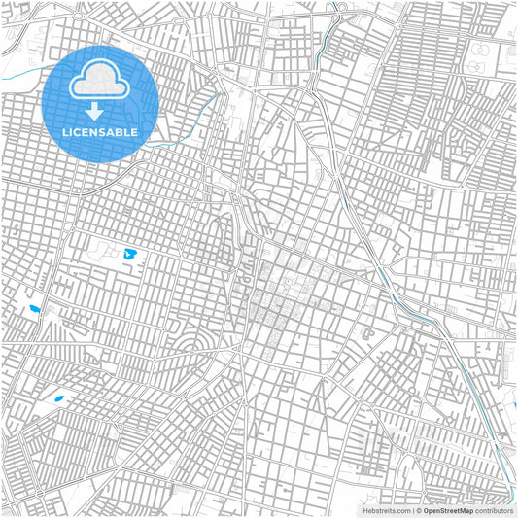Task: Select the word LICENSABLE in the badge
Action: pyautogui.click(x=101, y=130)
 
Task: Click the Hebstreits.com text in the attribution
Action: pyautogui.click(x=386, y=509)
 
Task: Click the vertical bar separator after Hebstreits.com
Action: pyautogui.click(x=411, y=509)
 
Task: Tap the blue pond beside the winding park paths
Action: pyautogui.click(x=131, y=256)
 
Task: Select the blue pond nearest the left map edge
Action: pyautogui.click(x=36, y=311)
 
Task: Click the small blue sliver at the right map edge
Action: pyautogui.click(x=514, y=405)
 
